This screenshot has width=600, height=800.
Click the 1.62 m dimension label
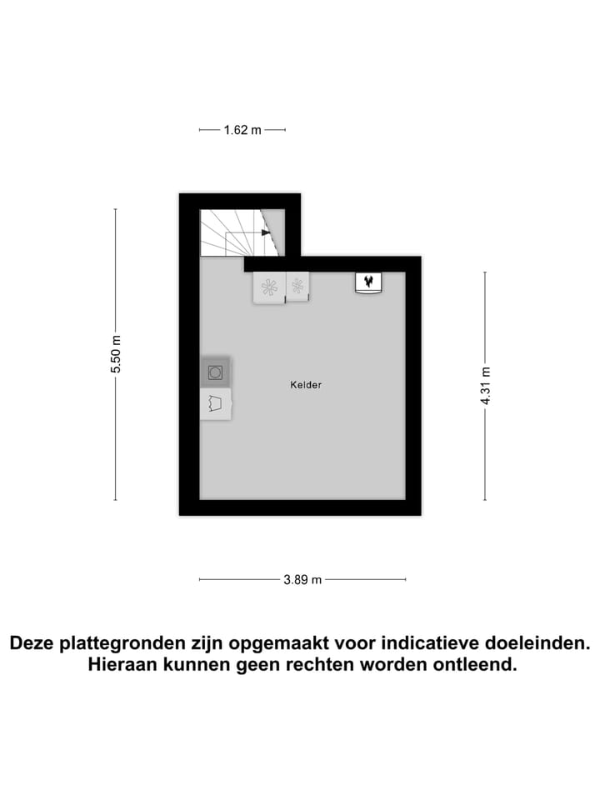pos(242,130)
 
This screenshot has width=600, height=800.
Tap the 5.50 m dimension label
pos(117,355)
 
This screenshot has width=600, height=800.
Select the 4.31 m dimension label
pos(486,385)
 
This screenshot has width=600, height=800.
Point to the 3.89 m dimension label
pos(302,580)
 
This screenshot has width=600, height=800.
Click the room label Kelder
pos(306,385)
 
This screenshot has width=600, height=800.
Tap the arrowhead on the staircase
pos(266,232)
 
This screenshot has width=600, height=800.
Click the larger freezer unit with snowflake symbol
pos(269,287)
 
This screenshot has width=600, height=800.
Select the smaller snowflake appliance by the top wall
pos(297,286)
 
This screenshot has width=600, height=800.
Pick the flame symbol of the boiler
pos(367,282)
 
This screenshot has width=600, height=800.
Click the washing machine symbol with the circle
pos(215,372)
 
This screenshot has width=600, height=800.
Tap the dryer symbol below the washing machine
pos(216,404)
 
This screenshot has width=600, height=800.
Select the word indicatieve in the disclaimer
pos(422,643)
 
